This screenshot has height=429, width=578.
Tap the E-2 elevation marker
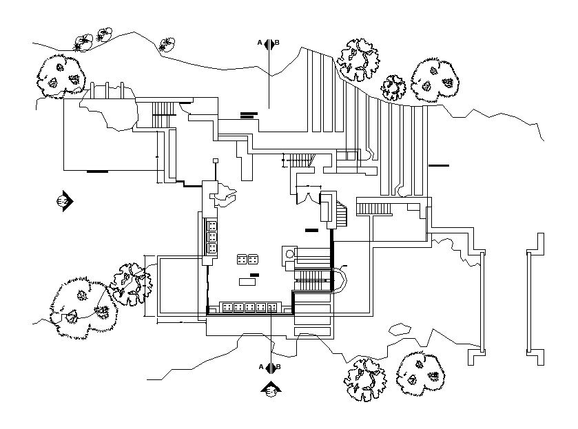click(x=65, y=200)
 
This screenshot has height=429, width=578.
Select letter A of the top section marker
click(x=260, y=43)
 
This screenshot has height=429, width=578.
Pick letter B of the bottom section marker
click(x=278, y=366)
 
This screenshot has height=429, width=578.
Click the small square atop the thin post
click(x=216, y=160)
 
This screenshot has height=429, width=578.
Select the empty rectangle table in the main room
click(x=247, y=282)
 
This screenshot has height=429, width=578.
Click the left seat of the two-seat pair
click(x=242, y=260)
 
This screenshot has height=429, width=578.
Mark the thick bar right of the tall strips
click(x=438, y=165)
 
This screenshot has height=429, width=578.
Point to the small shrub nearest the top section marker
click(x=167, y=45)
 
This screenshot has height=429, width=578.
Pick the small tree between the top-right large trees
click(x=394, y=87)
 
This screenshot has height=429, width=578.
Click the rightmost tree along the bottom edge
click(x=420, y=373)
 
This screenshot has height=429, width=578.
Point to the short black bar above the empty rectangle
click(x=255, y=275)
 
